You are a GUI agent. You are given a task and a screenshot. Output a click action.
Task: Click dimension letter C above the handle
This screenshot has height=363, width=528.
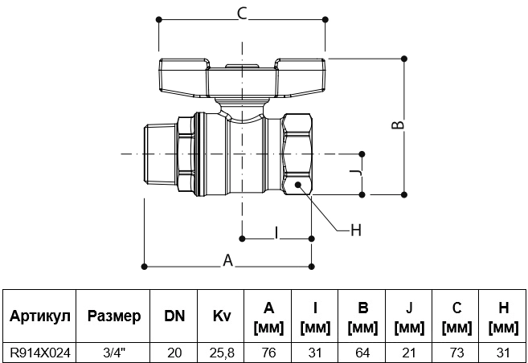(242, 14)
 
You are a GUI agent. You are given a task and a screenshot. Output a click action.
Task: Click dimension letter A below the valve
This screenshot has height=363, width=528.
(228, 260)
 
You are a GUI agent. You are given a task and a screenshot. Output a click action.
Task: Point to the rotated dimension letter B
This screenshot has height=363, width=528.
(398, 124)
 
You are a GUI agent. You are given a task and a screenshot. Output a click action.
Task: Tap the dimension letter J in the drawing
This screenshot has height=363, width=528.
(355, 173)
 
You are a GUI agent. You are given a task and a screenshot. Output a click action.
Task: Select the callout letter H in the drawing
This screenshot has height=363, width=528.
(356, 230)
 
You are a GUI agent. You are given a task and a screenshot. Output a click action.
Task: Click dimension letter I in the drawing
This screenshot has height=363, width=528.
(276, 233)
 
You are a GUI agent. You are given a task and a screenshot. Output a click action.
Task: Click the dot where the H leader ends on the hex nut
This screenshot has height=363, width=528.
(297, 185)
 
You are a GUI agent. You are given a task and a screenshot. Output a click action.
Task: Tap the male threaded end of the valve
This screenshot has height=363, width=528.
(160, 154)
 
